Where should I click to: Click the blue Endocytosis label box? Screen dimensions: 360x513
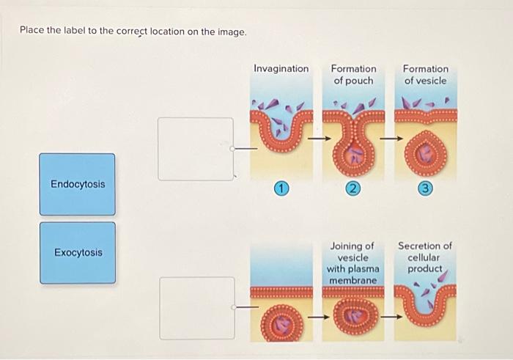(77, 184)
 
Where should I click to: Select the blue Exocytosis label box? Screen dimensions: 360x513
(77, 253)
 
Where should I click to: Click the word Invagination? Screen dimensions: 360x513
(281, 68)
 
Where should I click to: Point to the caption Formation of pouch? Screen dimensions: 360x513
(353, 74)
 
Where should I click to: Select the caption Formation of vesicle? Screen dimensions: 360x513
(425, 74)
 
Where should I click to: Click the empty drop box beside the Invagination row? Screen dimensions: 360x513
(196, 149)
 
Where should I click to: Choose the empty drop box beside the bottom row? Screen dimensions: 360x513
(197, 308)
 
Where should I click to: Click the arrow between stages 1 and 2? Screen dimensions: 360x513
(318, 137)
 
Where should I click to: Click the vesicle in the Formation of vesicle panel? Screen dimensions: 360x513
(425, 150)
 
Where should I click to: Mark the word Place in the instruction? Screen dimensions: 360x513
(32, 32)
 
